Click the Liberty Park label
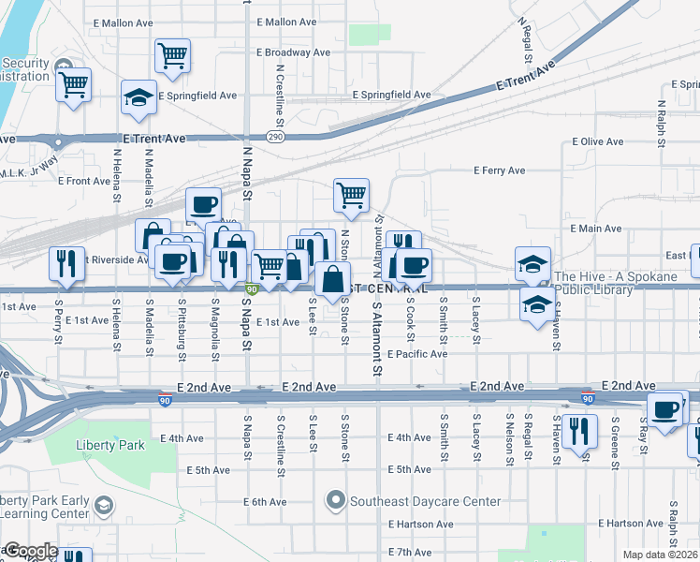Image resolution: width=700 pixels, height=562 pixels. tap(111, 445)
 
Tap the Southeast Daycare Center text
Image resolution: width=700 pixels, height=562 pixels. tap(426, 501)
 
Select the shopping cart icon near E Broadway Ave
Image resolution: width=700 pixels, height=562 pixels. tap(172, 55)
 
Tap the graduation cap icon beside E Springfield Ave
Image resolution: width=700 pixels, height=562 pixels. tap(139, 96)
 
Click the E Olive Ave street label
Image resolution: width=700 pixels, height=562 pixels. tap(597, 142)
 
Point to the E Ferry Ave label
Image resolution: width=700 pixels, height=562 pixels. tap(500, 170)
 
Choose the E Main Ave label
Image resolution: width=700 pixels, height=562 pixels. tap(596, 229)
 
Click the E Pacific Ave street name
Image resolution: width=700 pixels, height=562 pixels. tap(421, 354)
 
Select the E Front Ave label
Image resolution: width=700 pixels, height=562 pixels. tap(89, 181)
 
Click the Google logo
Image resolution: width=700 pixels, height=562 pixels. tap(30, 551)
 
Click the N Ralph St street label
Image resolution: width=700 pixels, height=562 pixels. tap(662, 127)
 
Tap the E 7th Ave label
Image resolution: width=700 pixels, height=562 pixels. tap(413, 553)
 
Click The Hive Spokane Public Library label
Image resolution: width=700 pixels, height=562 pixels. tap(614, 283)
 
